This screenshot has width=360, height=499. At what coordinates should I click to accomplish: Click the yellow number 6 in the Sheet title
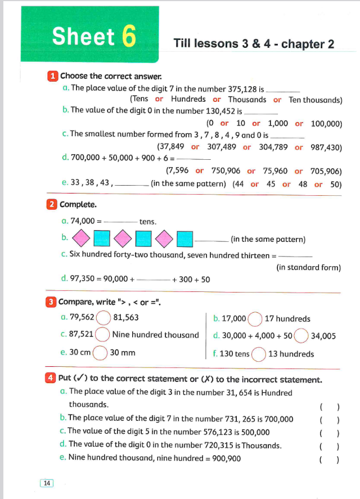pos(128,37)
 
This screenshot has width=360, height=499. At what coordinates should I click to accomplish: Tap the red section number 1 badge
pos(52,75)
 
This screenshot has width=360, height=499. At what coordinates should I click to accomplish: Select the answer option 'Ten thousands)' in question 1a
pos(315,100)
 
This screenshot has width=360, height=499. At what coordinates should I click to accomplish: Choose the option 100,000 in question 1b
pos(326,123)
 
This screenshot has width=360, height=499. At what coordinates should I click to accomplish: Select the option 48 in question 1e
pos(303,184)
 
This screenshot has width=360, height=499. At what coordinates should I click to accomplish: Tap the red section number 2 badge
pos(52,204)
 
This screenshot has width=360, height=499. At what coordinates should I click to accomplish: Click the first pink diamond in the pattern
pos(82,239)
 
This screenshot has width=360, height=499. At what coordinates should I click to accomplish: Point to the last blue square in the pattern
pos(185,239)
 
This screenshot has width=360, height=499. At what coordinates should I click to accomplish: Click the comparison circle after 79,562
pos(103,318)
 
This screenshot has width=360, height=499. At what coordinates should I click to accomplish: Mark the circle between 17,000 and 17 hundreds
pos(255,319)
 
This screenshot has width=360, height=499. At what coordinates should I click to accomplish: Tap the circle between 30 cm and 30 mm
pos(100,353)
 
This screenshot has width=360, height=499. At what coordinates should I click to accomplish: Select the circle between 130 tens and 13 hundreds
pos(259,354)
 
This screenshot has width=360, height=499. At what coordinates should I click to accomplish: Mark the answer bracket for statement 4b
pos(328,420)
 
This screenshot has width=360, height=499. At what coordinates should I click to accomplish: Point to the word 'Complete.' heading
pos(78,204)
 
